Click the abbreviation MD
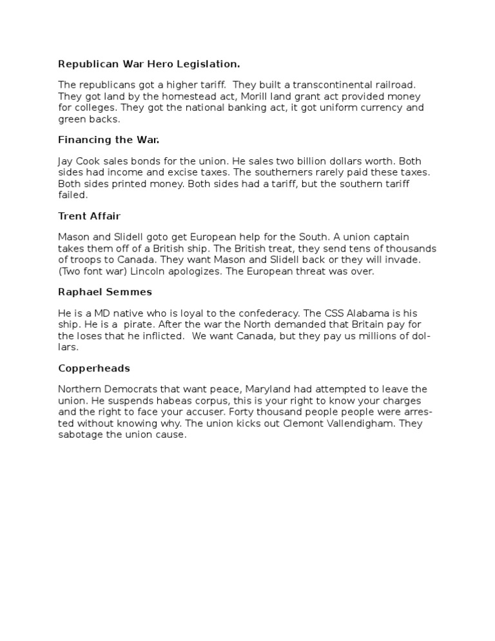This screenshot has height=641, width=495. click(97, 313)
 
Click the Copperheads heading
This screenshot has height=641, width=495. click(94, 368)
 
